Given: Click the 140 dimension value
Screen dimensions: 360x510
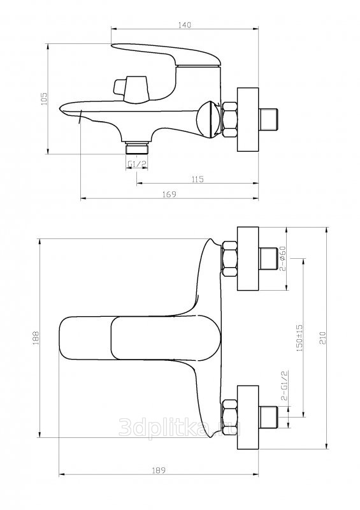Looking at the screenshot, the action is pos(184,25).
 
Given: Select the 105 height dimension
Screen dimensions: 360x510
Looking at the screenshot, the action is pos(44,99).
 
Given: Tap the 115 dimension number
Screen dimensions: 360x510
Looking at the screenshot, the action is pos(198,179).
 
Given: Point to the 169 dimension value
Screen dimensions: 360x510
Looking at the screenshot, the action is pos(169,194).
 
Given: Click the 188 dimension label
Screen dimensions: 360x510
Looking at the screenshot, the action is pos(36,338).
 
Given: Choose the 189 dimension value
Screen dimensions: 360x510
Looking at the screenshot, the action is pos(159,470).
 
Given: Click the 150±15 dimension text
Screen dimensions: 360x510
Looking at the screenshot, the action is pos(299,338).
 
